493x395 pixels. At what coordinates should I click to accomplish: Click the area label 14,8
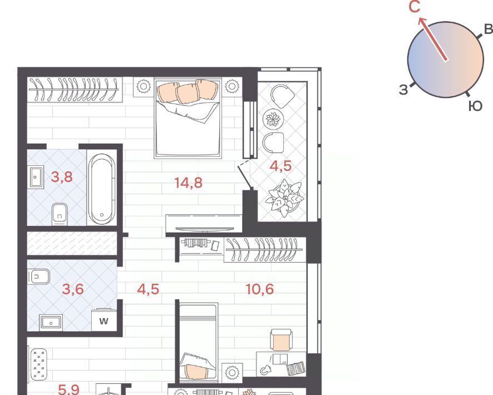(x=188, y=182)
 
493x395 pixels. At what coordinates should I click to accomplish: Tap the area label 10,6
(x=260, y=289)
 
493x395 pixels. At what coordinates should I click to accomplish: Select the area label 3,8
(x=62, y=177)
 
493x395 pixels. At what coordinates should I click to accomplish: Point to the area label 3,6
(x=73, y=289)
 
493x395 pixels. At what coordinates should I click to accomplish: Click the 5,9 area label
(x=69, y=389)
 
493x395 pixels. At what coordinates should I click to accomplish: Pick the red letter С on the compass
(x=415, y=7)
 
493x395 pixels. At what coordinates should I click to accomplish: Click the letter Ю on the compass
(x=475, y=106)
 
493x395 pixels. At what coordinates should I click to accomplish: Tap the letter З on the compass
(x=403, y=90)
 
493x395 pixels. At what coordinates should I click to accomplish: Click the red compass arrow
(x=433, y=39)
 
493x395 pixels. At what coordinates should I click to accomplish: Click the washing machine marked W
(x=103, y=320)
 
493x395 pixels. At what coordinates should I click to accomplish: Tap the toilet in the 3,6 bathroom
(x=39, y=277)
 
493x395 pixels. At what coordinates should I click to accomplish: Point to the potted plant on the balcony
(x=285, y=198)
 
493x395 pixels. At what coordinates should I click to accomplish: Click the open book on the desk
(x=295, y=368)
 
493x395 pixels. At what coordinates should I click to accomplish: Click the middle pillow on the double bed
(x=188, y=93)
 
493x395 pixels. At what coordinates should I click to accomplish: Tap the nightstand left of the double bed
(x=144, y=86)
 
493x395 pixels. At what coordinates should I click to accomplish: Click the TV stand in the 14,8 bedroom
(x=204, y=224)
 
